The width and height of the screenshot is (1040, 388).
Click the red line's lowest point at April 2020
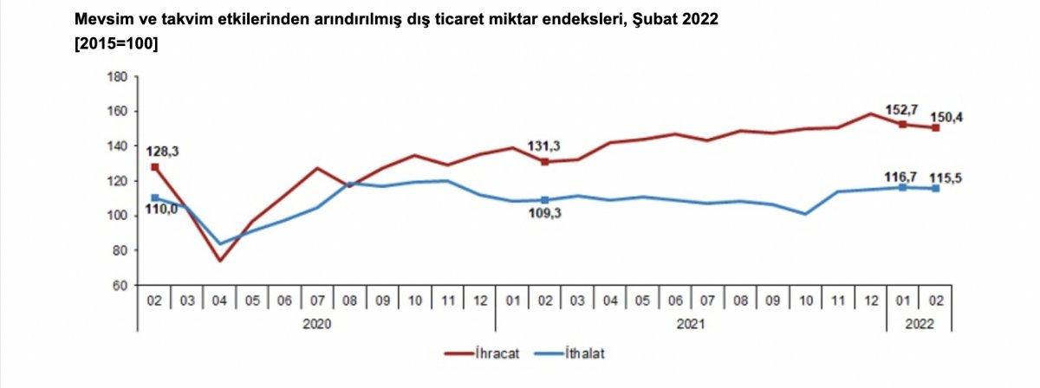pos(220,261)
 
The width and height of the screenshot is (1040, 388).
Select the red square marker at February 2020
pos(155,167)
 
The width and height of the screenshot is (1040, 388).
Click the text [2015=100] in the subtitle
pos(116,44)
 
